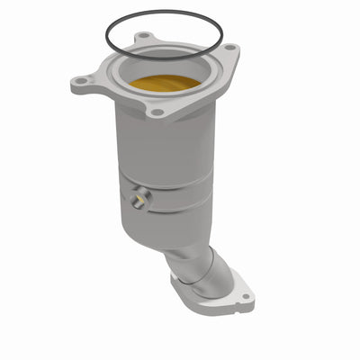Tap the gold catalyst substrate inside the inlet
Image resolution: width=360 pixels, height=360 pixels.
tap(164, 84)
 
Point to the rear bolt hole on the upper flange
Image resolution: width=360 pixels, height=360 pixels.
tap(143, 38)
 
